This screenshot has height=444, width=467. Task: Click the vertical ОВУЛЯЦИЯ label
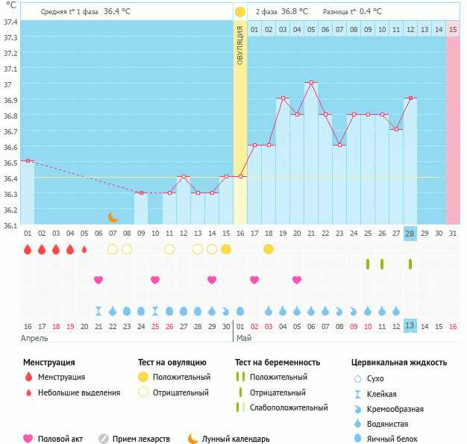click(239, 45)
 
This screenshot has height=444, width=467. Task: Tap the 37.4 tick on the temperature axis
click(10, 22)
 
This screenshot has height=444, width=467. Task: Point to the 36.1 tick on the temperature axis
click(10, 225)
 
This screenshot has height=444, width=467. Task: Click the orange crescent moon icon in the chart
click(113, 217)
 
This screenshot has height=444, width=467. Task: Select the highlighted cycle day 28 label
click(410, 234)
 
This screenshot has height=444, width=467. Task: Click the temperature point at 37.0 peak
click(311, 83)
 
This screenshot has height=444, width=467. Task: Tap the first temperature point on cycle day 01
click(28, 160)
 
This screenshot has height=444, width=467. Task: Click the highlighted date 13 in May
click(410, 326)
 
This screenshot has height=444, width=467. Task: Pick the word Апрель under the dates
click(34, 338)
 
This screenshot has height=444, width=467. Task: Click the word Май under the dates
click(244, 338)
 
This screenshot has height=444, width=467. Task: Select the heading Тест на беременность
click(278, 363)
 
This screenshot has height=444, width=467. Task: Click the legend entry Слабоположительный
click(289, 407)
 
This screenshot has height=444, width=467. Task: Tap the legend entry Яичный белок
click(398, 439)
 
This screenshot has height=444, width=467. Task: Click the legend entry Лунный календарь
click(236, 439)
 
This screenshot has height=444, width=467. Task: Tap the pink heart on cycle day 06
click(98, 280)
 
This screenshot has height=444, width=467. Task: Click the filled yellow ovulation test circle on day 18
click(269, 248)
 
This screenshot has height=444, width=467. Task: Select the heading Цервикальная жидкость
click(399, 363)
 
